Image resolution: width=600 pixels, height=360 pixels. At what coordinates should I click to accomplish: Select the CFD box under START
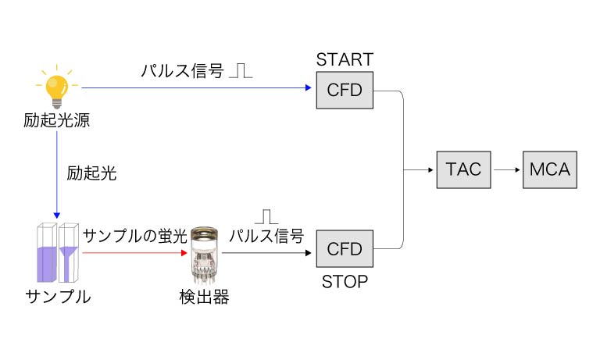345,90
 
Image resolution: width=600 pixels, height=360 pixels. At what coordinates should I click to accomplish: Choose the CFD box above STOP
345,249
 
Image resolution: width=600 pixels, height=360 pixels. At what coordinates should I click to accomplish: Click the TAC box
465,169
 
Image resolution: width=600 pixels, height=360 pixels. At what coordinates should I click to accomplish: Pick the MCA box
550,169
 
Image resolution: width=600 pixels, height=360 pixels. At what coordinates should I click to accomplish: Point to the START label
345,60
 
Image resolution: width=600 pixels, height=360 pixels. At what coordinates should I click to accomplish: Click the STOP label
345,281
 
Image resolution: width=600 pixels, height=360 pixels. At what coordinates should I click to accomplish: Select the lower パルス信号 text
266,237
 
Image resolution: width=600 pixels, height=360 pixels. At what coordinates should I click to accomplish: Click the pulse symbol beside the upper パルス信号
242,71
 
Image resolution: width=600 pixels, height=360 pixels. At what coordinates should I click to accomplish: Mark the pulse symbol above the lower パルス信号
267,216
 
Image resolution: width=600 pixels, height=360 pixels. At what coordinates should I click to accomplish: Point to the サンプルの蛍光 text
135,236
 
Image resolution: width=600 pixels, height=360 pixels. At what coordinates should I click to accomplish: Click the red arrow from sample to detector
133,253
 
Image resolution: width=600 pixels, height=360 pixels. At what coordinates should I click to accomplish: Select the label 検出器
203,298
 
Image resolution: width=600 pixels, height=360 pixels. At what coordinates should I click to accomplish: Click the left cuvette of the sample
45,254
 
